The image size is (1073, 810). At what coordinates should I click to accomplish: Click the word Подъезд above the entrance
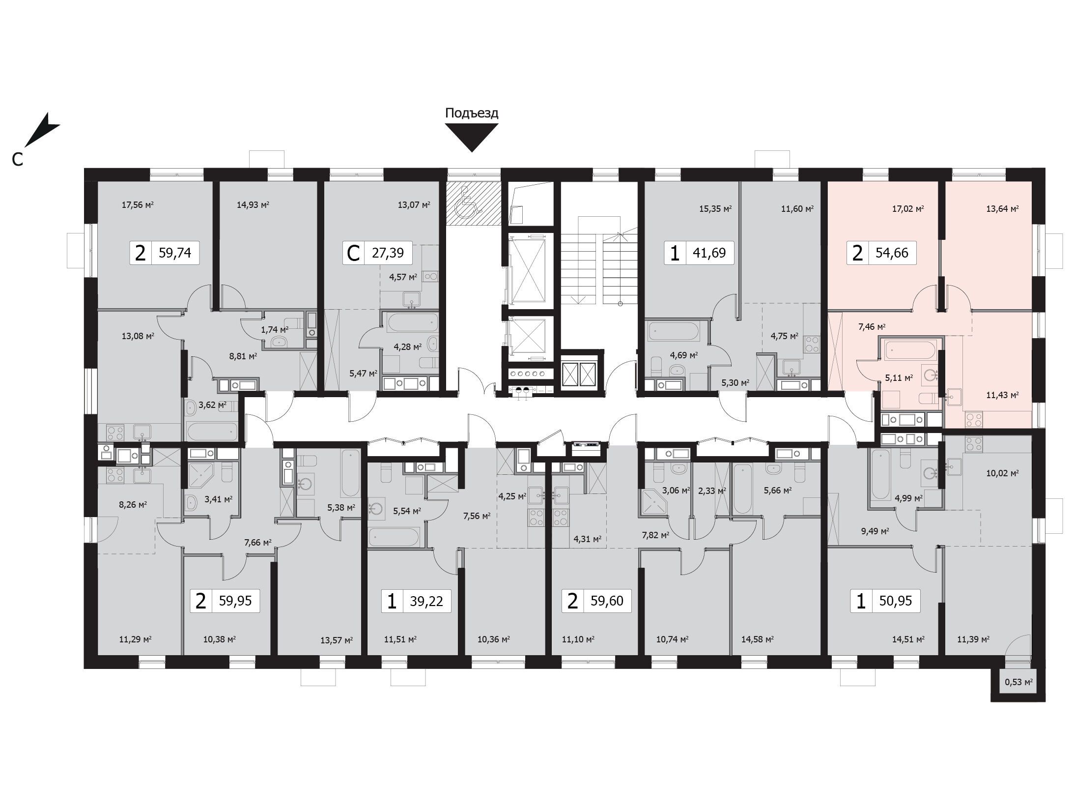472,113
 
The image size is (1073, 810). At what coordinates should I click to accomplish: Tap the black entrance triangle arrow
472,137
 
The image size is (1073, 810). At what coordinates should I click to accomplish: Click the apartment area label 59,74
175,253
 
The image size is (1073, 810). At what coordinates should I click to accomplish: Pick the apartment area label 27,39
388,253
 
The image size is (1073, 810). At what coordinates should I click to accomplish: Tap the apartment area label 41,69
709,253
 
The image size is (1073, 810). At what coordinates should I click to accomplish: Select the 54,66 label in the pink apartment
892,253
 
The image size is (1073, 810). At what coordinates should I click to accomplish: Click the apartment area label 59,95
235,601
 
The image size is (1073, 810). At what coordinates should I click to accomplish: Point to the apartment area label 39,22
426,601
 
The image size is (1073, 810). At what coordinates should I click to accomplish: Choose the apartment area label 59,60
607,601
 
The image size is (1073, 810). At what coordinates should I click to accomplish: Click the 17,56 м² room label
138,205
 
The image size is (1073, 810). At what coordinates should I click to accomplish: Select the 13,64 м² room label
1002,208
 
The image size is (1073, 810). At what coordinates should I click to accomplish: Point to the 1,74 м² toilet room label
274,329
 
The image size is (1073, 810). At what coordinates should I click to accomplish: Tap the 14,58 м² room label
758,639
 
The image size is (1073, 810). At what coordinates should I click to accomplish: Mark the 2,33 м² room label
712,491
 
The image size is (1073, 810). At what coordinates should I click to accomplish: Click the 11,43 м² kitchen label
1002,395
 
